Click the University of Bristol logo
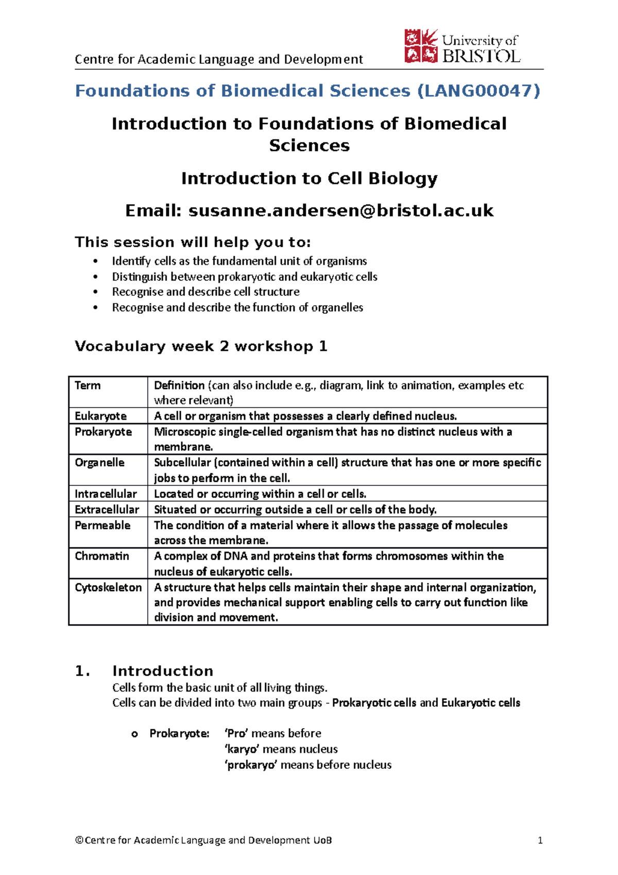[x=461, y=46]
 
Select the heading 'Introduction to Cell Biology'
[x=309, y=178]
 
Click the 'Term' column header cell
[x=88, y=385]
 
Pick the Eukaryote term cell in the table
[x=100, y=416]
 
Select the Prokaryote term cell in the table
[x=103, y=432]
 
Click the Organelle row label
[x=99, y=462]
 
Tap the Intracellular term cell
[x=106, y=494]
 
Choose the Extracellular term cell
[x=107, y=510]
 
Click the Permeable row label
[x=102, y=525]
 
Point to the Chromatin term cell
[x=102, y=556]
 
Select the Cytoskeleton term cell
[x=108, y=587]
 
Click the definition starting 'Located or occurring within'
[x=260, y=494]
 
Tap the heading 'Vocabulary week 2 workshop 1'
[x=201, y=346]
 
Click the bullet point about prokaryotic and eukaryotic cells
[x=245, y=277]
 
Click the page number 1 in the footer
[x=540, y=840]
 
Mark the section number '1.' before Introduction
[x=82, y=671]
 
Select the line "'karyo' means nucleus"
[x=281, y=749]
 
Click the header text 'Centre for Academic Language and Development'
[x=219, y=59]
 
